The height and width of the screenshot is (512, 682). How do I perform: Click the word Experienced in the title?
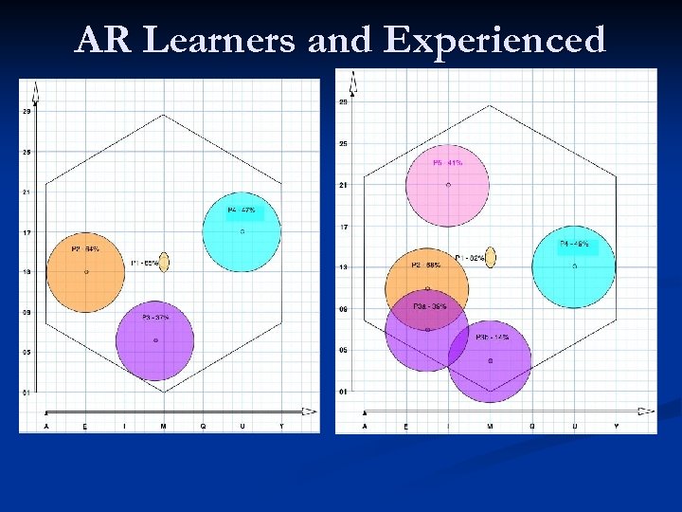pyautogui.click(x=495, y=40)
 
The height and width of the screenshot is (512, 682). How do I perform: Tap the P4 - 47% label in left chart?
pyautogui.click(x=241, y=210)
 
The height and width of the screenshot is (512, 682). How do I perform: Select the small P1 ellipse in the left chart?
pyautogui.click(x=164, y=262)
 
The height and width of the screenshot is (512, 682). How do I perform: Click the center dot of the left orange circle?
pyautogui.click(x=86, y=272)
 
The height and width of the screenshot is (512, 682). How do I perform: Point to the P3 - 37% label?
pyautogui.click(x=155, y=318)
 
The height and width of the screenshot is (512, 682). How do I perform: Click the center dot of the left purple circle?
pyautogui.click(x=155, y=339)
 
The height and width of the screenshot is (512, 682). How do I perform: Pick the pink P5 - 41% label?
pyautogui.click(x=447, y=163)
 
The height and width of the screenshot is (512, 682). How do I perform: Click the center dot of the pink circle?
pyautogui.click(x=448, y=185)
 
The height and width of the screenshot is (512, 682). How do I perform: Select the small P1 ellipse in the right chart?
pyautogui.click(x=490, y=256)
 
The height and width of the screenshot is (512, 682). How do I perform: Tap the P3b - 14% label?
pyautogui.click(x=492, y=338)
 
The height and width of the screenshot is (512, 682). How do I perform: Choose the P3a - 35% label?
pyautogui.click(x=428, y=306)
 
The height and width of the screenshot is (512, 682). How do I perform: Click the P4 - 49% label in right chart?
pyautogui.click(x=573, y=244)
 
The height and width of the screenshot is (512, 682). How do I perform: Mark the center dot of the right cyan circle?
pyautogui.click(x=574, y=265)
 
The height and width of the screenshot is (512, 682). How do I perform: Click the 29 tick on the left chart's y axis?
pyautogui.click(x=27, y=111)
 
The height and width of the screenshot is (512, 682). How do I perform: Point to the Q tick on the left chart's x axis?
pyautogui.click(x=203, y=427)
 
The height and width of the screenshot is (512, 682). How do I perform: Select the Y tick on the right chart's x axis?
pyautogui.click(x=616, y=427)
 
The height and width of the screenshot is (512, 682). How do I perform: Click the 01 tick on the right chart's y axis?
pyautogui.click(x=343, y=392)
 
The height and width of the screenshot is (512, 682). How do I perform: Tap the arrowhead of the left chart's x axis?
pyautogui.click(x=309, y=411)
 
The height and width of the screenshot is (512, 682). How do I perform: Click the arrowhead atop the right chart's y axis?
pyautogui.click(x=352, y=87)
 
